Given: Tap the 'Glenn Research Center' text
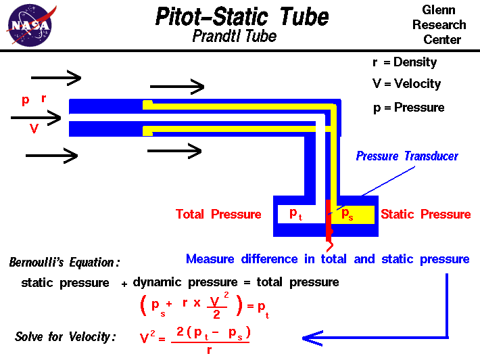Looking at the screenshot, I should coord(444,25).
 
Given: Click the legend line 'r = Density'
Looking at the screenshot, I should coord(404,62).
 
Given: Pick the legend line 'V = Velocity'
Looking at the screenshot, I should coord(406,84).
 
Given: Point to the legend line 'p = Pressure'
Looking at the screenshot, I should coord(408,108).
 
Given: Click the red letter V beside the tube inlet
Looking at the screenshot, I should coord(33,129).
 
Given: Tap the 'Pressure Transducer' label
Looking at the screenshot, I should coord(407,156).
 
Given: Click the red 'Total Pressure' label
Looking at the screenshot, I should coord(218,215).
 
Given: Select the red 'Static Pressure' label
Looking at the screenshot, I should coord(425,215).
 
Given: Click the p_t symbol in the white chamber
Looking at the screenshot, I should coord(296,214).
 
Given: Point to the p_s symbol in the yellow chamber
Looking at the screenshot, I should coord(346,215).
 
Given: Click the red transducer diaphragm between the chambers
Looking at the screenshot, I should coord(329,220).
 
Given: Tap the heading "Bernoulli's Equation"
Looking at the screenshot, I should coord(64,263).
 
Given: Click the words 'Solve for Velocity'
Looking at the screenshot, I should coord(65,337).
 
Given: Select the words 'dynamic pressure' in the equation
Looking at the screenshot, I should coord(174,282).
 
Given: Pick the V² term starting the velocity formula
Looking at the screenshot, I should coord(151,336).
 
